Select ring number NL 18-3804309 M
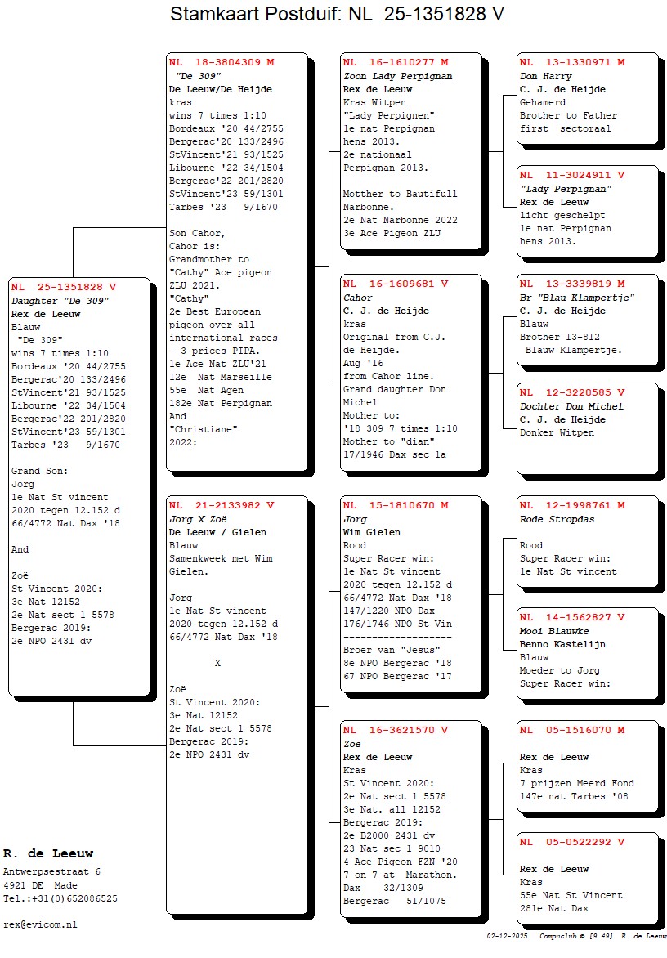click(222, 62)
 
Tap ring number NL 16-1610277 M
click(396, 62)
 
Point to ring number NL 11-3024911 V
click(572, 175)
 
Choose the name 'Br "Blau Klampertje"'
click(577, 298)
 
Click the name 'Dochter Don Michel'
click(571, 406)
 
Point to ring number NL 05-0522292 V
click(572, 842)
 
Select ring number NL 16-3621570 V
click(396, 731)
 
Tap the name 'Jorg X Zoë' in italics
click(198, 519)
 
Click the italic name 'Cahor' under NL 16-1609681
click(358, 298)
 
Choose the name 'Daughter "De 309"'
click(60, 301)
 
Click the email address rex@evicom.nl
click(40, 924)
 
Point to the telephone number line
click(60, 898)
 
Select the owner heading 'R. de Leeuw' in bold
click(48, 854)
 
